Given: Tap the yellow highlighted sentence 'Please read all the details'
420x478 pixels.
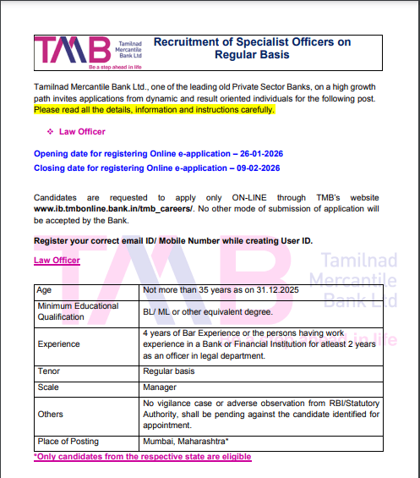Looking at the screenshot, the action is pos(154,110).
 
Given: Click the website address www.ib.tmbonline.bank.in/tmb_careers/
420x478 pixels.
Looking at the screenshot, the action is pos(113,207).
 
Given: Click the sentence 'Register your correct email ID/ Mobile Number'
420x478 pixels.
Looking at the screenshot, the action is pos(172,241).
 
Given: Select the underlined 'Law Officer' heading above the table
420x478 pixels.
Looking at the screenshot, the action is pos(57,261).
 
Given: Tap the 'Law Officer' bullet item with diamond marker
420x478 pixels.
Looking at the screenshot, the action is pos(82,132).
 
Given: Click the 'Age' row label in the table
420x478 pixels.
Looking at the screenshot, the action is pos(44,289).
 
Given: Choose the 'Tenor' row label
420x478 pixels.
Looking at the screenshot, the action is pos(48,371).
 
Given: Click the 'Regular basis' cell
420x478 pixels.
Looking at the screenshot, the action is pos(170,371).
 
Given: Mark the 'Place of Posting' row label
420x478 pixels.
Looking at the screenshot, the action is pos(68,442).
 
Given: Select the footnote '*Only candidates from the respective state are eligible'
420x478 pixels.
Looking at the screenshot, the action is pos(142,457).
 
